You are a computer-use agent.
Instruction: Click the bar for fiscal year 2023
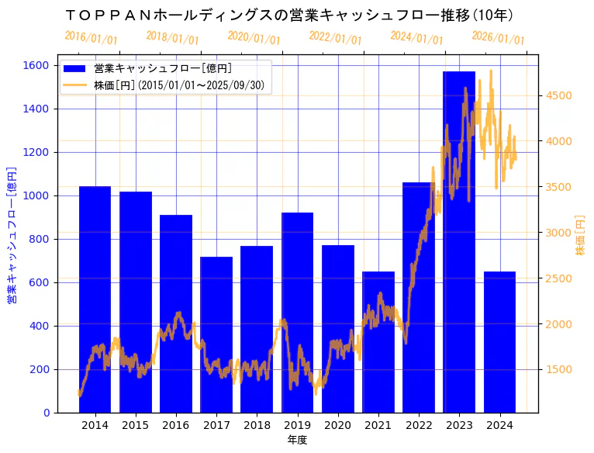click(459, 241)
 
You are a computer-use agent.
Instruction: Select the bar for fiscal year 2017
click(216, 334)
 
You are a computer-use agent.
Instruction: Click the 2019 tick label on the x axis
click(297, 425)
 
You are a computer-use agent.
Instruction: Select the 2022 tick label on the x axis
click(419, 425)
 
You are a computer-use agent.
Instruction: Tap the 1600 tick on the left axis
click(37, 65)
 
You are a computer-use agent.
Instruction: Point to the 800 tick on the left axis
click(40, 239)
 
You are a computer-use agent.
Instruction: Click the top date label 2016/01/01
click(91, 37)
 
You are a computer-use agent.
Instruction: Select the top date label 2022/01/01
click(335, 37)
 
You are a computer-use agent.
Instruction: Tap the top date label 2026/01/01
click(498, 37)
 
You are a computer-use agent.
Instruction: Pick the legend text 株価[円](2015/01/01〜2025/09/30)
click(182, 85)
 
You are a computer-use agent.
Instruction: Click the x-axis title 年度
click(297, 440)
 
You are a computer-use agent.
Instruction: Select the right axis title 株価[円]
click(580, 236)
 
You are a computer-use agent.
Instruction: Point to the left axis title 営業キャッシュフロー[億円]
click(12, 234)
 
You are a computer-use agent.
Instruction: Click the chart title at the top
click(289, 15)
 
